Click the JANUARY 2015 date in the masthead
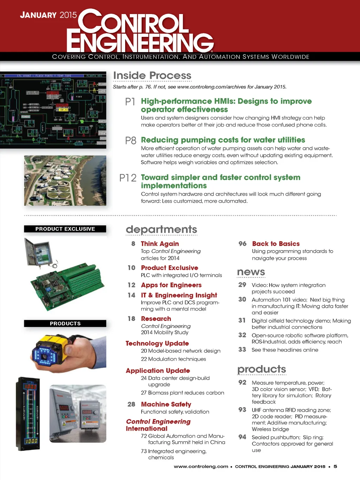(48, 15)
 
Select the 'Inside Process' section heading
(152, 76)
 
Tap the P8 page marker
(130, 141)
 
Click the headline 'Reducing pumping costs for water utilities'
(223, 140)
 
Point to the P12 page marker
(128, 178)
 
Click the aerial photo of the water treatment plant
(65, 181)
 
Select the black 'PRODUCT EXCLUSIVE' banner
(65, 229)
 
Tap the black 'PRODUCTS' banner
(65, 323)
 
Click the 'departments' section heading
(161, 229)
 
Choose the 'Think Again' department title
(160, 244)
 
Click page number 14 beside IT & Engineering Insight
(131, 295)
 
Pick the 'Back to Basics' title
(276, 244)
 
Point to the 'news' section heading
(251, 272)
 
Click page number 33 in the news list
(242, 349)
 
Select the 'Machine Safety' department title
(166, 404)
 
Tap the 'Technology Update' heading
(157, 343)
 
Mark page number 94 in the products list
(242, 437)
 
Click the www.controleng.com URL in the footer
(201, 467)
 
